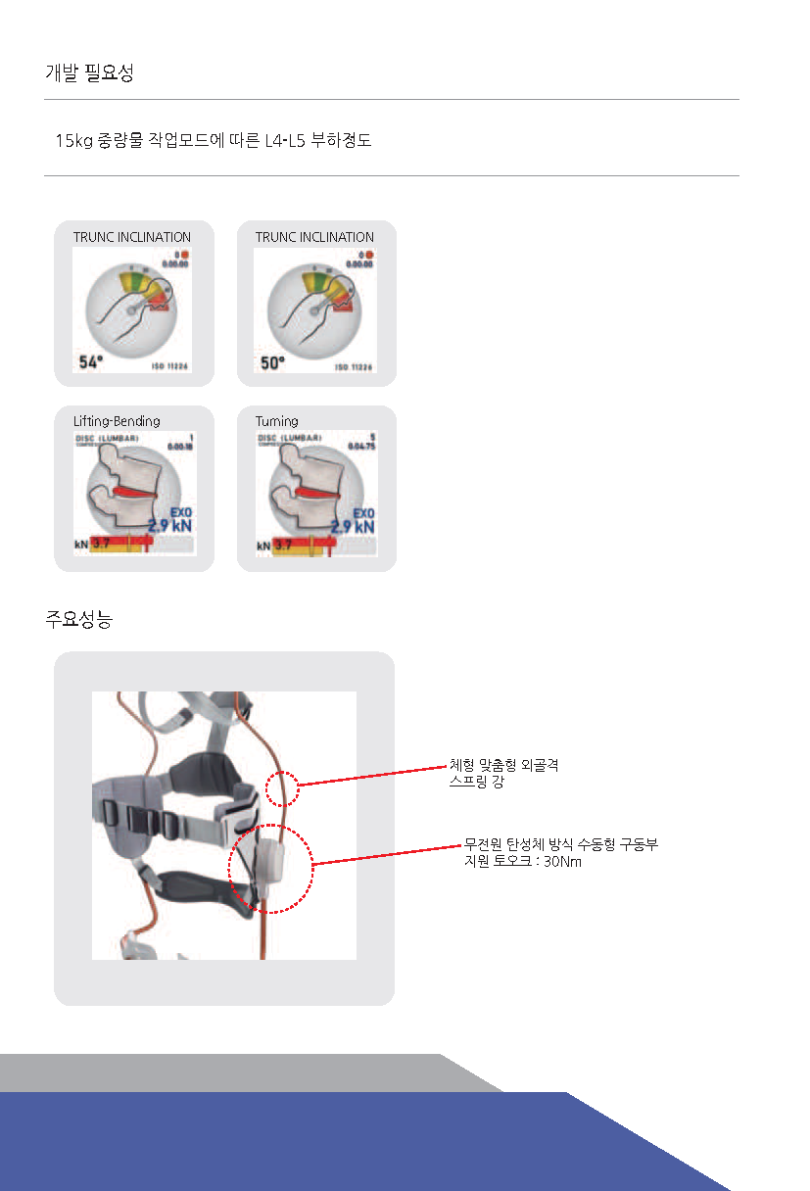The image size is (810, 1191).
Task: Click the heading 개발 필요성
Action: click(89, 72)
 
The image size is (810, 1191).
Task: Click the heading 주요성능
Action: click(78, 619)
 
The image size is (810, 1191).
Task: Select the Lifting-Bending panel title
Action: click(117, 421)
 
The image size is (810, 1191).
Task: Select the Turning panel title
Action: click(277, 421)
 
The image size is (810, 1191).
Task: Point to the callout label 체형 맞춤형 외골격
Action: click(503, 765)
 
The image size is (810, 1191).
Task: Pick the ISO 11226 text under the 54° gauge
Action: click(170, 367)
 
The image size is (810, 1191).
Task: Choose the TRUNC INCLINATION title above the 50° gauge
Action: click(314, 237)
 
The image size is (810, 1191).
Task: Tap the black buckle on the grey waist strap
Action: click(138, 815)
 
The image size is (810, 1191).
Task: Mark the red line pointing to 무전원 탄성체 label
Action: click(387, 852)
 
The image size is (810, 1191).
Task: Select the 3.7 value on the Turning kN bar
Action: click(283, 545)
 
